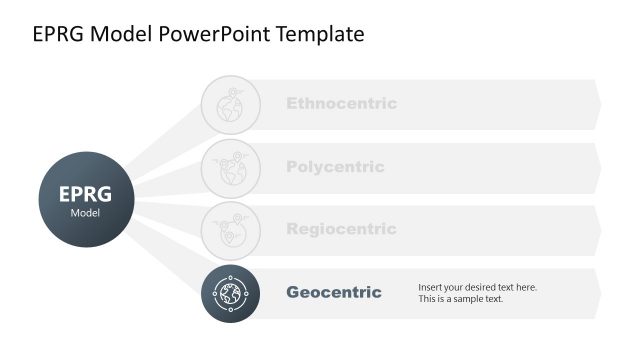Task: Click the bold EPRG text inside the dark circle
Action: (85, 194)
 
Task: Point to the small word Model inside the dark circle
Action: (85, 213)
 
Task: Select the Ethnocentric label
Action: (341, 103)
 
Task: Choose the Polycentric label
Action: (335, 167)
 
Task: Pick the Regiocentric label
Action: (341, 229)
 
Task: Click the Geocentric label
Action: (334, 292)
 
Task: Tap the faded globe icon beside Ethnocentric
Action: (231, 104)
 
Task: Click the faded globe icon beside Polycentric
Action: (231, 167)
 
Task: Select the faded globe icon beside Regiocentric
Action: (231, 230)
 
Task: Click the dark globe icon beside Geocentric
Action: (231, 293)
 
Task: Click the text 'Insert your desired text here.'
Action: (477, 287)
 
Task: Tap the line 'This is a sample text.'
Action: (461, 299)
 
